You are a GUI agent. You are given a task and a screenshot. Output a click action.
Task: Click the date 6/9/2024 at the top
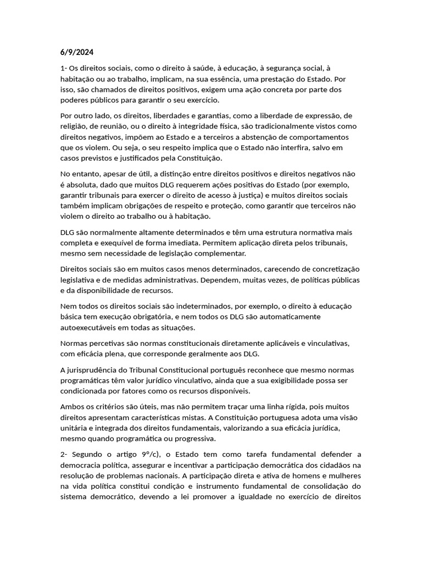77,53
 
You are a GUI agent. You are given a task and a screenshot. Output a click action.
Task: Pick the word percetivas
108,343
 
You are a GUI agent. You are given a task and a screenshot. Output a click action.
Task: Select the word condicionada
86,391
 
